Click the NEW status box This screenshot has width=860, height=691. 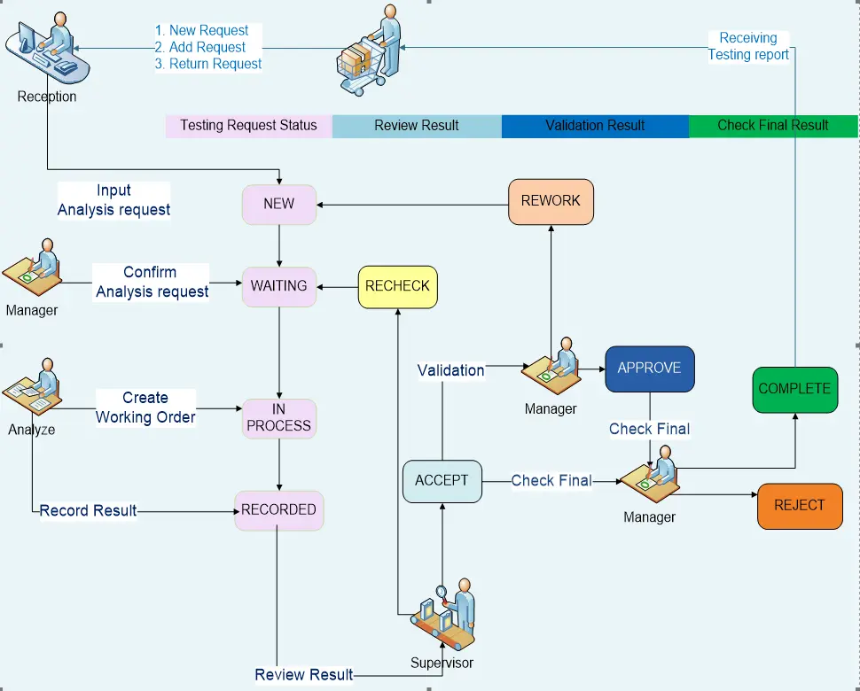[x=279, y=205]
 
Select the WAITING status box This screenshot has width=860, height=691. [x=279, y=286]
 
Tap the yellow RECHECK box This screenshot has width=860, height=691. [x=398, y=287]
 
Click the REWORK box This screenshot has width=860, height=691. [x=551, y=202]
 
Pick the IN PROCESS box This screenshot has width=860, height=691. [x=279, y=418]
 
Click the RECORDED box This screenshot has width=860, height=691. [x=278, y=510]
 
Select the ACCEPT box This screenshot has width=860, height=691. [x=442, y=481]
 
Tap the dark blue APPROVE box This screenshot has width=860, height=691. [x=649, y=369]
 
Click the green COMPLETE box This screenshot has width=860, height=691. [x=794, y=390]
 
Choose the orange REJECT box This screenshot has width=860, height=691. [x=800, y=506]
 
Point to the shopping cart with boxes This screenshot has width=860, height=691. [x=369, y=51]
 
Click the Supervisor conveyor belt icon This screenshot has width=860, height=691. [x=443, y=615]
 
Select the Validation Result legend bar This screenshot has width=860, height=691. [x=595, y=126]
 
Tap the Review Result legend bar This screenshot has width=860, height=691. [x=417, y=126]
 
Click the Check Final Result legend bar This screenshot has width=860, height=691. [x=773, y=126]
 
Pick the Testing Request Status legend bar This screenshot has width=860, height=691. [x=248, y=126]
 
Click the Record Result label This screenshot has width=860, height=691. [x=88, y=510]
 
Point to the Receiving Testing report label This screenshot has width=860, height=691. [x=748, y=47]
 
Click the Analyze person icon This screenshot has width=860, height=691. [x=32, y=386]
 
